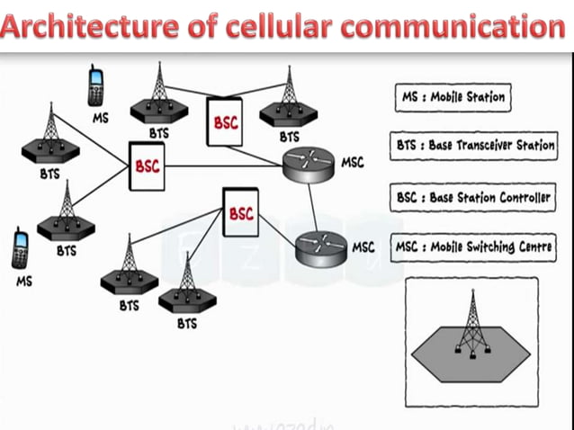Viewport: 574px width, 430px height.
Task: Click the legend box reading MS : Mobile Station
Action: point(452,97)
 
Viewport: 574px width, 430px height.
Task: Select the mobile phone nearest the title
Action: point(95,85)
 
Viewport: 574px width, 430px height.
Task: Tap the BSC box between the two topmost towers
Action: point(226,122)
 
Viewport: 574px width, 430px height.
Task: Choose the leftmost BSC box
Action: point(146,167)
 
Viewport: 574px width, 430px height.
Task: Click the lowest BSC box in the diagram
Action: point(240,213)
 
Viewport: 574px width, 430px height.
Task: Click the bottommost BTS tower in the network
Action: point(187,283)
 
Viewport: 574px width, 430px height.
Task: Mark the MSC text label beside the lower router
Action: point(363,246)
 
